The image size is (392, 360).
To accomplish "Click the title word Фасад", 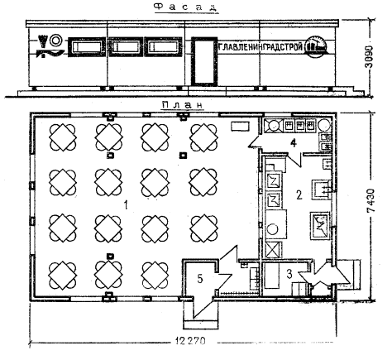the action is (185, 7).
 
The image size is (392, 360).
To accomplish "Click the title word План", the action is (183, 105).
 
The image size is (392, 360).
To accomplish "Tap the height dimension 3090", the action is (369, 56).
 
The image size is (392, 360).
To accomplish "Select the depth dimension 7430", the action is (370, 200).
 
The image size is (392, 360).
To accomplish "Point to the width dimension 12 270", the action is (190, 341).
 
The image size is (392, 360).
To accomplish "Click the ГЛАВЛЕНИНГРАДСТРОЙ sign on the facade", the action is (261, 46).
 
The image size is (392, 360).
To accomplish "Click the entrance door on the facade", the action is (204, 60).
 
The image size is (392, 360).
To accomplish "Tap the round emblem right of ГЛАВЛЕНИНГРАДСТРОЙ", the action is (317, 46).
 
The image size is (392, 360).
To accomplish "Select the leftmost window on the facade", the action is (87, 47).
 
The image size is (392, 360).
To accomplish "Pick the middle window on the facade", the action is (126, 47).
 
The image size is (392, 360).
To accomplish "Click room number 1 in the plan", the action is (126, 205).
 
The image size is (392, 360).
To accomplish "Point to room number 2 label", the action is (299, 194).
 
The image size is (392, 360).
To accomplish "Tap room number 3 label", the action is (289, 274).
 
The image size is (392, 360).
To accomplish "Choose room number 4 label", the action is (294, 143).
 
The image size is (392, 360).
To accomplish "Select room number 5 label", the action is (200, 279).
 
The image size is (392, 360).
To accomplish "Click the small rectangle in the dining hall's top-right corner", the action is (240, 127).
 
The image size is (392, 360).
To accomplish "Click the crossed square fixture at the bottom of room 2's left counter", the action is (273, 250).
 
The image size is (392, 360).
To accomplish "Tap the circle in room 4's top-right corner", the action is (324, 125).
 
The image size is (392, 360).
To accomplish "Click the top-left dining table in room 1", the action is (63, 137).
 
